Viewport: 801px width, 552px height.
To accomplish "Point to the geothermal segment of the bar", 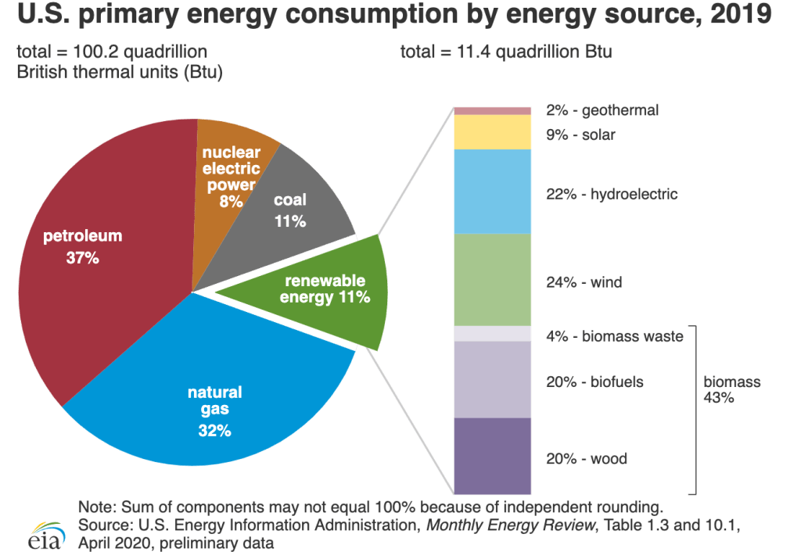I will [493, 110].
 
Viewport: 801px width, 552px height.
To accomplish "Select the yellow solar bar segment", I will [493, 132].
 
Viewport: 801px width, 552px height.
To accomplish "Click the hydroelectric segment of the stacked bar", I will [493, 192].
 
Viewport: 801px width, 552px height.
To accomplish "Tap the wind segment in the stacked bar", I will [493, 280].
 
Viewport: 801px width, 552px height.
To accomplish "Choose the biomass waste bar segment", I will [493, 334].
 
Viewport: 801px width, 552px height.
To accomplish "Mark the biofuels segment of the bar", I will [493, 379].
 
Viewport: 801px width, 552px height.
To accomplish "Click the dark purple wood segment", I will [493, 457].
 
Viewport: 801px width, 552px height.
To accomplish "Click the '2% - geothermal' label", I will [602, 110].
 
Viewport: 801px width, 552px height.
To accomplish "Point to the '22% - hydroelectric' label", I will [611, 194].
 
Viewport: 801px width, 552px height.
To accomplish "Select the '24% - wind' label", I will [584, 282].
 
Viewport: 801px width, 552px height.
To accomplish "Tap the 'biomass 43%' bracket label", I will [731, 389].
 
